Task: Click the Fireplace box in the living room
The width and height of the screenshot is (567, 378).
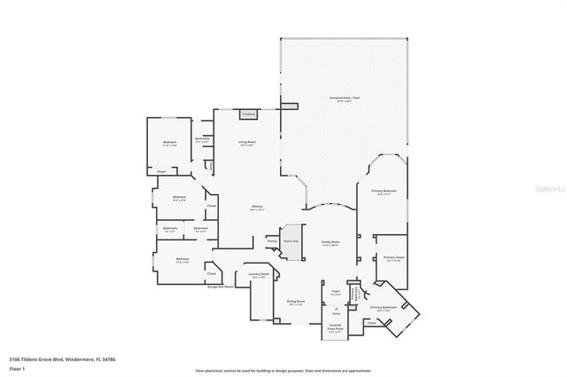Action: click(248, 114)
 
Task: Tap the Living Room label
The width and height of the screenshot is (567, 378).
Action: click(247, 142)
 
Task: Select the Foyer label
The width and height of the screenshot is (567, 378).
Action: click(336, 292)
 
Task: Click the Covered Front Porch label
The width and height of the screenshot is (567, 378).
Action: click(336, 328)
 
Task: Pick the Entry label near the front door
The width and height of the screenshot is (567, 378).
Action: click(336, 313)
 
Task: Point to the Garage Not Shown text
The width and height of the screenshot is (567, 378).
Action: click(221, 287)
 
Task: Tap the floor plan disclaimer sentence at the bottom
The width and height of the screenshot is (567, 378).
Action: click(283, 369)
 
